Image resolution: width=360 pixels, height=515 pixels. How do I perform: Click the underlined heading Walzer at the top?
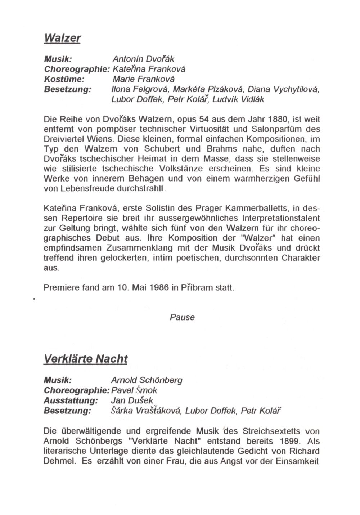pos(62,38)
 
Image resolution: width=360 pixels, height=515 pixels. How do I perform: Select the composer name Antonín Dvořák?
pos(143,59)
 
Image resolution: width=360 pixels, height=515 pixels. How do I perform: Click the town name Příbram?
pos(198,288)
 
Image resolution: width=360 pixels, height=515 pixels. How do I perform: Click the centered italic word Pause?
pos(182,317)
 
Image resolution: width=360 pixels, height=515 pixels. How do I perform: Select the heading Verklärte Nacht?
pos(85,359)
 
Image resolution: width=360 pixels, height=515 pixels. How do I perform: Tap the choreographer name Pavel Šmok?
pos(134,390)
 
